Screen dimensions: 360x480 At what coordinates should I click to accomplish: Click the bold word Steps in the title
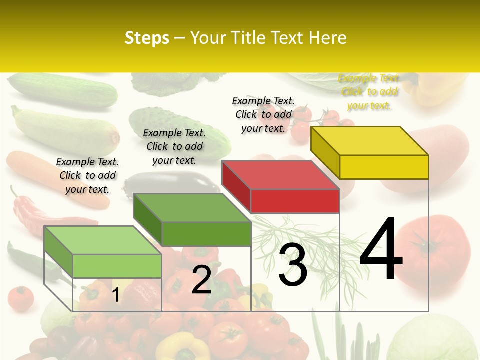tap(147, 38)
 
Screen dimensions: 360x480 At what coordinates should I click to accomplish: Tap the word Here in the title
tap(327, 38)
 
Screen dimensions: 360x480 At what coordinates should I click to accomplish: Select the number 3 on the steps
tap(292, 265)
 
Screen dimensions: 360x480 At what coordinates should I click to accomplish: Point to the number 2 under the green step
tap(201, 280)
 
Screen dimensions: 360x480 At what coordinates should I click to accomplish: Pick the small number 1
tap(115, 295)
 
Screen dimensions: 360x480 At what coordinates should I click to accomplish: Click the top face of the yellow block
tap(370, 140)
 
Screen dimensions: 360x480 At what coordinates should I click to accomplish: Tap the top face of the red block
tap(281, 175)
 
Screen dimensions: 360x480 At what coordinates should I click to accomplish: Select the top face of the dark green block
tap(192, 207)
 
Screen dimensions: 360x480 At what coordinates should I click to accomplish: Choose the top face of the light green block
tap(103, 240)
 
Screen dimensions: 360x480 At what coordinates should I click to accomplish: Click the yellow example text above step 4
tap(369, 92)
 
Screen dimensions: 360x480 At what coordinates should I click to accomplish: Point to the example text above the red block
tap(263, 114)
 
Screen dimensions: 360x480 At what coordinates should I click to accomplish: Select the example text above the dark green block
tap(174, 146)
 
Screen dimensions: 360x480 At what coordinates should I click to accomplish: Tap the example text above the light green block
tap(87, 175)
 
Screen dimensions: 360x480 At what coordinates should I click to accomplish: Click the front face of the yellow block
tap(384, 167)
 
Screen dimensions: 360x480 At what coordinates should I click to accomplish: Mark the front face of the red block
tap(295, 201)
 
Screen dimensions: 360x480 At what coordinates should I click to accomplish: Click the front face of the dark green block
tap(206, 234)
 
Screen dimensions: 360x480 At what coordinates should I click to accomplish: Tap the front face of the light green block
tap(117, 266)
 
